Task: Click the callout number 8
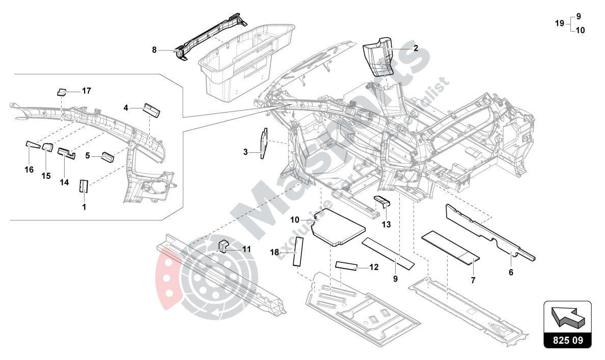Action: [154, 50]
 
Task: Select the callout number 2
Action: [416, 48]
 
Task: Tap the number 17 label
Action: [86, 91]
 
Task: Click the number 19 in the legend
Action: [559, 23]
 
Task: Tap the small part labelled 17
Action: [61, 92]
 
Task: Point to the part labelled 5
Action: [108, 156]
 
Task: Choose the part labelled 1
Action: [84, 186]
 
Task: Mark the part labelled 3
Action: [263, 143]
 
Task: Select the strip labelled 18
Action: [297, 252]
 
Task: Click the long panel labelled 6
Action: [489, 232]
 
